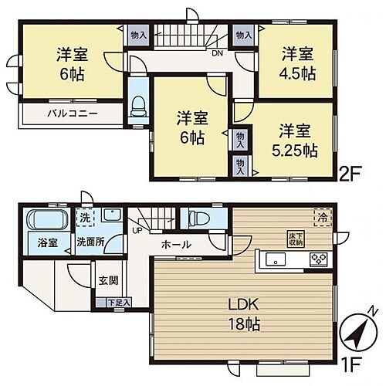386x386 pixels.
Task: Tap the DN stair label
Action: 218,54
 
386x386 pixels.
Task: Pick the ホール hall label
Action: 177,245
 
